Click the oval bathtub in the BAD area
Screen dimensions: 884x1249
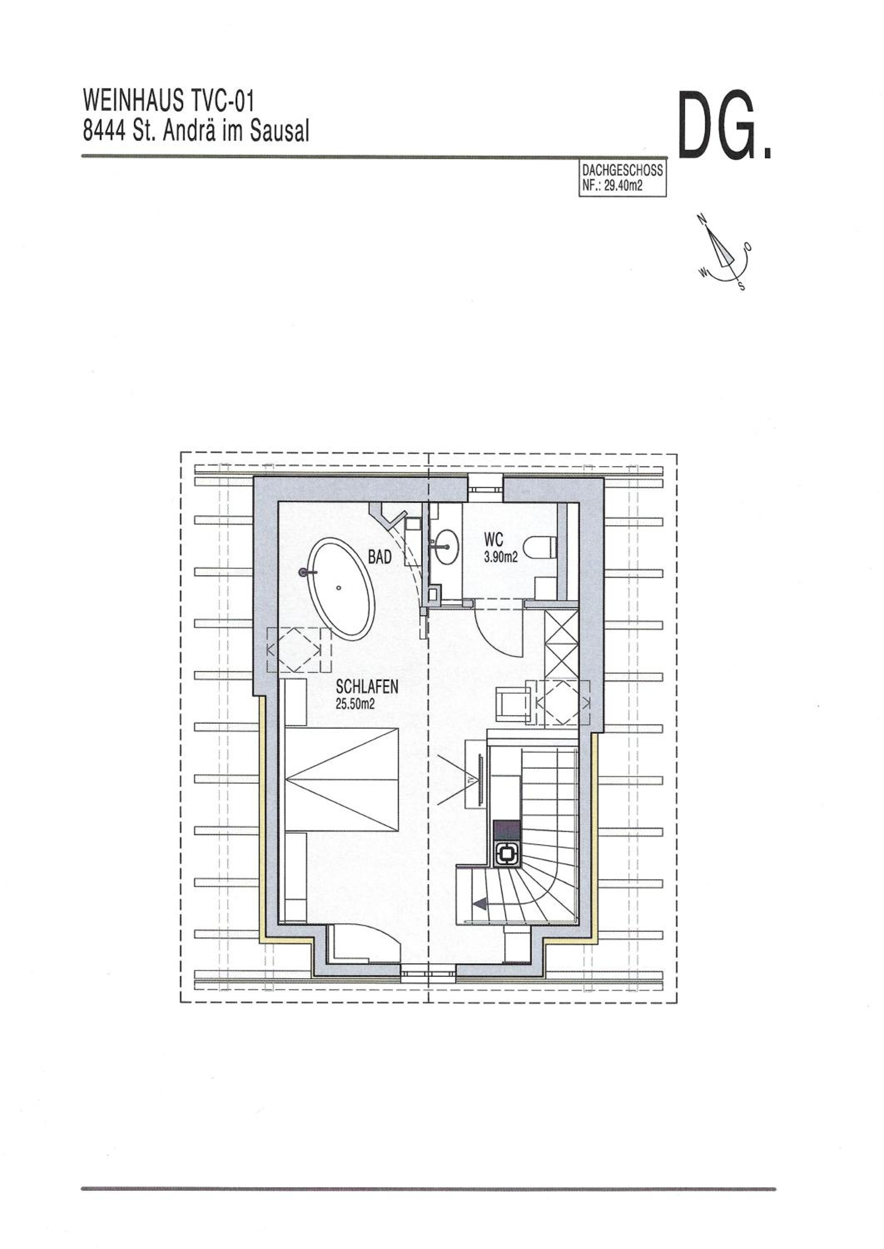(x=341, y=589)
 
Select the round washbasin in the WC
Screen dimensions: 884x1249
(x=446, y=546)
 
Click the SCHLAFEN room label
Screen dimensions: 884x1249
(x=367, y=687)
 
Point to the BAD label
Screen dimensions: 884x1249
(x=380, y=557)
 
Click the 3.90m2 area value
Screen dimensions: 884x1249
(x=500, y=557)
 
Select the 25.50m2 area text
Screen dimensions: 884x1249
(x=355, y=704)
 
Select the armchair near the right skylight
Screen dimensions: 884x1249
(x=512, y=704)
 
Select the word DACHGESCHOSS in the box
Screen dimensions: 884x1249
(x=622, y=171)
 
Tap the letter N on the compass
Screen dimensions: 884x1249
(x=702, y=219)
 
